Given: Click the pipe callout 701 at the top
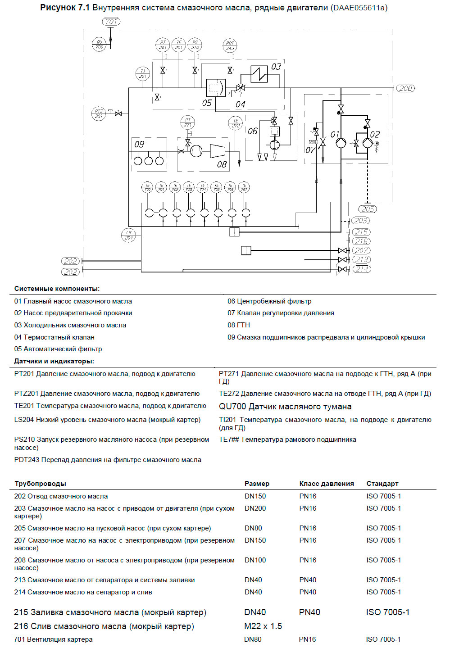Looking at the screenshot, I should point(111,22).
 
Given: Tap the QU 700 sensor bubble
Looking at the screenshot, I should point(99,44).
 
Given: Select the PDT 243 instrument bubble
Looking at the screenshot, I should point(230,45).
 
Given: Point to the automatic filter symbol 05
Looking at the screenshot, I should point(215,88).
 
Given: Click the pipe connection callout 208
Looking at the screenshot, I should point(405,88).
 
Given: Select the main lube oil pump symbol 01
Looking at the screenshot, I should point(341,143).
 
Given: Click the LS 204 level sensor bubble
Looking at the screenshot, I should point(129,235).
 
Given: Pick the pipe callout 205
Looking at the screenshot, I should point(368,209).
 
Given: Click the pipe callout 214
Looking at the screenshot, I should point(361,269).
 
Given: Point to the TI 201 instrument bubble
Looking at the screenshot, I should point(143,74).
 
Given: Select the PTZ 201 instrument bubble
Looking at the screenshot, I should point(99,113).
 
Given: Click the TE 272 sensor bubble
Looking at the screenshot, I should point(236,123).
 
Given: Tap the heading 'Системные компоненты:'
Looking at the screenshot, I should point(57,289).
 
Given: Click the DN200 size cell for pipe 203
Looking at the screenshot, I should point(255,508).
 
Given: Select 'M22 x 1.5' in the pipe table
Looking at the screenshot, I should point(263,626).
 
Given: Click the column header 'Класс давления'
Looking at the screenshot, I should point(326,484).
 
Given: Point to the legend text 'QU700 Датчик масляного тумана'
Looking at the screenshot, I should point(285,407).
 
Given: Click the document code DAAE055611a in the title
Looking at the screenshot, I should point(359,8).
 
